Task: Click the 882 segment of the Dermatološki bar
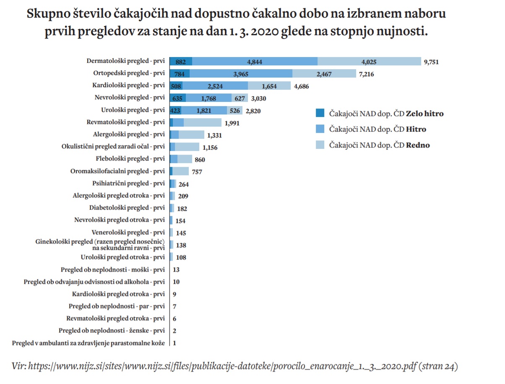point(181,62)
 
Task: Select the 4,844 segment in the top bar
point(255,62)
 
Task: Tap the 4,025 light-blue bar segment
point(369,62)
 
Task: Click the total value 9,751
point(431,62)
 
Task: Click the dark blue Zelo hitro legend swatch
point(320,113)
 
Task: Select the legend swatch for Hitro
point(320,129)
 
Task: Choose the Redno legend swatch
point(320,145)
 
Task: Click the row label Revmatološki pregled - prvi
point(126,122)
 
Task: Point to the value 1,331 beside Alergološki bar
point(214,135)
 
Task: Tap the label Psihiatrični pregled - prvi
point(128,183)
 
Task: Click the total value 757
point(197,172)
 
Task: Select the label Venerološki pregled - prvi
point(128,232)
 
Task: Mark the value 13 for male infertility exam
point(176,270)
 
